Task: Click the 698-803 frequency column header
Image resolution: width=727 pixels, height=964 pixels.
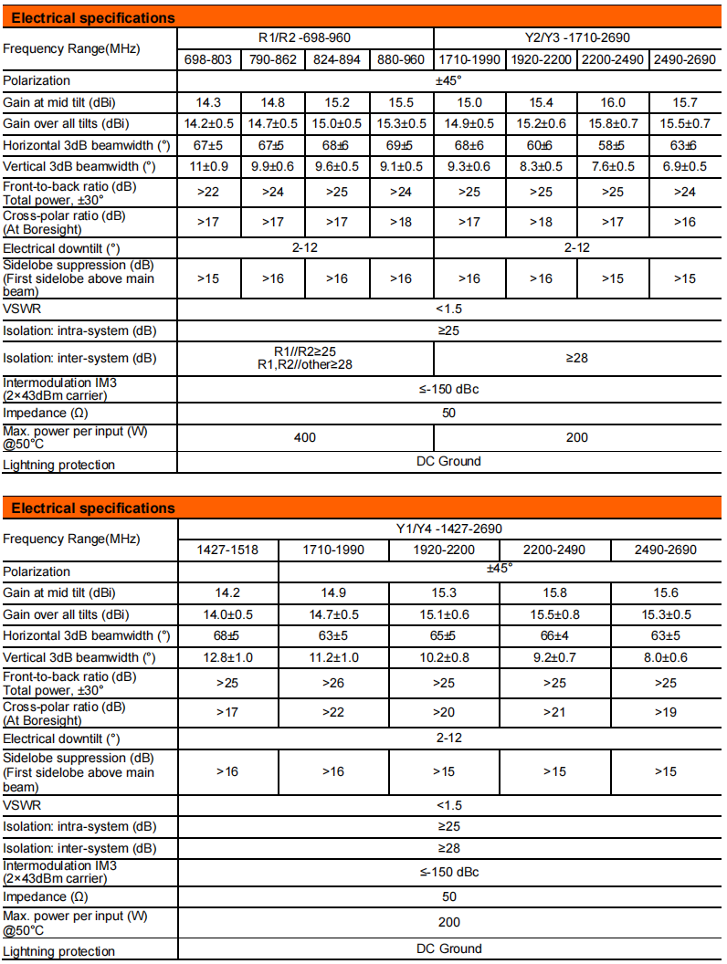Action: click(209, 59)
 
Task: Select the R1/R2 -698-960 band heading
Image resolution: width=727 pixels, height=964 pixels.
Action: click(304, 37)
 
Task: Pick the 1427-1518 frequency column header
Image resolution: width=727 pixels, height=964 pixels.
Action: click(227, 550)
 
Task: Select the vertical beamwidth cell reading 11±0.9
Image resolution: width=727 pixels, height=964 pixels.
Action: click(209, 167)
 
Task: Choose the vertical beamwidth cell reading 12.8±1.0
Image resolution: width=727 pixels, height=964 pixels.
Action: click(227, 657)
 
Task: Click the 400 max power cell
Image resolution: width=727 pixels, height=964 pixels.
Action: click(305, 437)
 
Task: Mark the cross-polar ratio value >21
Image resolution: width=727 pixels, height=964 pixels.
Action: click(554, 710)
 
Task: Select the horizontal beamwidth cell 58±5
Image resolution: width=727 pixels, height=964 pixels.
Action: click(614, 146)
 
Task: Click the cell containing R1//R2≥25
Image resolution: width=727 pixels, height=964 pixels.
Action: click(305, 351)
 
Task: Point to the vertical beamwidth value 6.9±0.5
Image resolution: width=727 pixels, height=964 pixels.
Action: click(684, 167)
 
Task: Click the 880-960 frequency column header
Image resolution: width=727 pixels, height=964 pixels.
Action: click(402, 59)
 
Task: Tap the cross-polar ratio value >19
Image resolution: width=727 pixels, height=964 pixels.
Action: click(666, 710)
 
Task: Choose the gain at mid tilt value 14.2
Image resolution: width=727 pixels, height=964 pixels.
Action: click(227, 592)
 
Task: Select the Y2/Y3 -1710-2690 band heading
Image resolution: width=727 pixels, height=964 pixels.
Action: click(577, 37)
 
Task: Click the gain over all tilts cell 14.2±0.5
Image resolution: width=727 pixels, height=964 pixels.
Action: click(209, 124)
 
